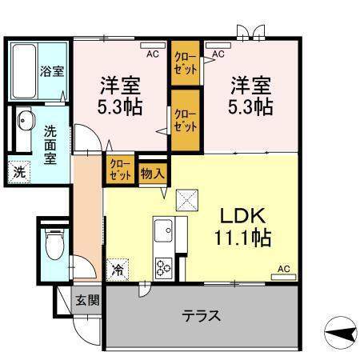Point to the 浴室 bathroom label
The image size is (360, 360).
click(x=52, y=70)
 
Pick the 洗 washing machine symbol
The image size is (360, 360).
click(x=18, y=170)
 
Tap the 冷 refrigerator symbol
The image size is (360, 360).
click(x=118, y=269)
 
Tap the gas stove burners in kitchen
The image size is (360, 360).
click(x=165, y=267)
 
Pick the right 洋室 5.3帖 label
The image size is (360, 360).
click(x=251, y=94)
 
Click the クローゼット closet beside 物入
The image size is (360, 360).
click(x=122, y=170)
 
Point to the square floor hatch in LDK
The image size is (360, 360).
click(x=186, y=198)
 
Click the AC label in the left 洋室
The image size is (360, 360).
click(x=152, y=54)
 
